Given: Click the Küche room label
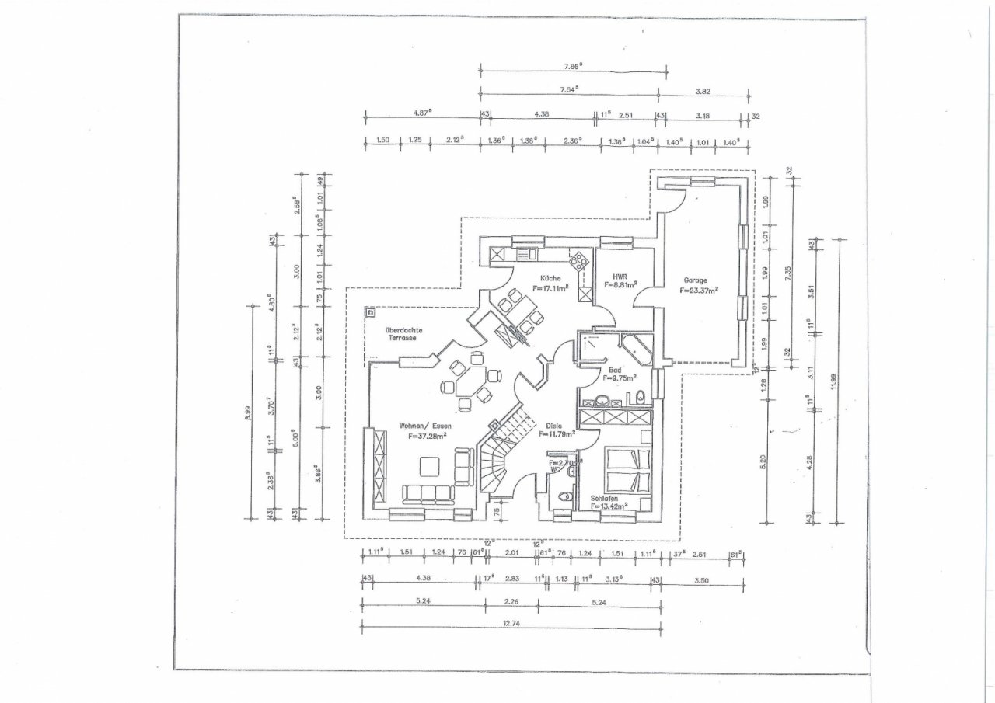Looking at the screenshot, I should pos(550,277).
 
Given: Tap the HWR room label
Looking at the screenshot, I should pos(620,276).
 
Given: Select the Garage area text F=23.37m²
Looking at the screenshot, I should pos(698,291).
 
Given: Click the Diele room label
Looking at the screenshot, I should pos(553,425).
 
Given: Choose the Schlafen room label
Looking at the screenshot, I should pos(604,498).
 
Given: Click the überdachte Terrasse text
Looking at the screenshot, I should pos(403,334).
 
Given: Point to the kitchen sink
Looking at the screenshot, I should pos(525,253).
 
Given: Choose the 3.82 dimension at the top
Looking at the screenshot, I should pos(703,91).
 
